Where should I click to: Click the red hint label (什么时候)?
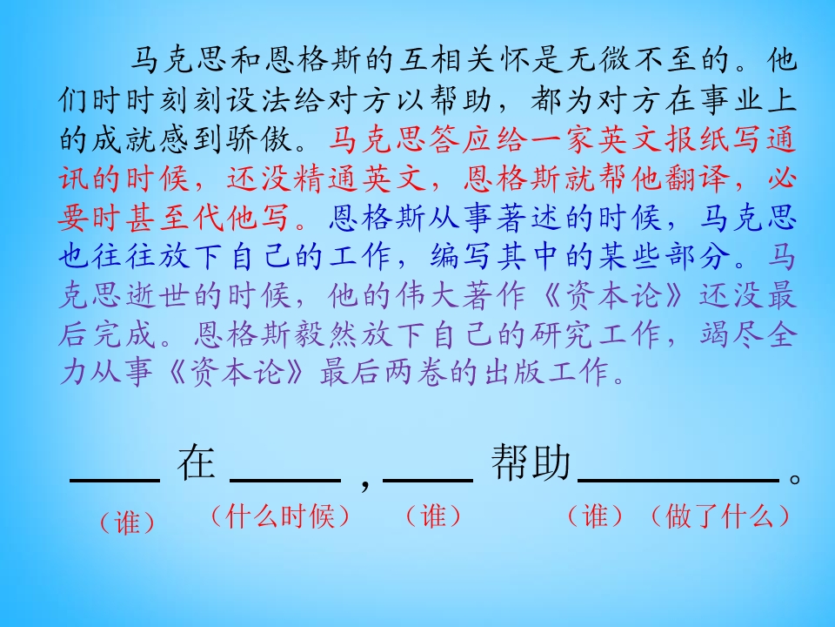[x=280, y=516]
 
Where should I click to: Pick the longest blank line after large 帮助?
[x=678, y=479]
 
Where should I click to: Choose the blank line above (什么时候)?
[x=285, y=479]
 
